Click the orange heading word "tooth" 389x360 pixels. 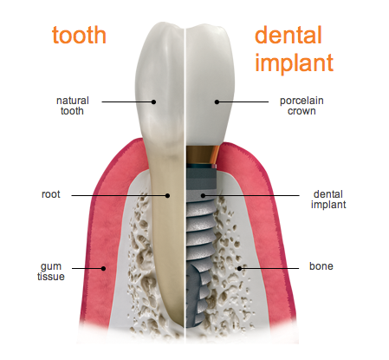coord(79,35)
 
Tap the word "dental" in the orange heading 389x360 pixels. coord(289,35)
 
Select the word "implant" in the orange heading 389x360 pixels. coord(294,62)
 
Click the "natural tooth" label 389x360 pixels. coord(73,106)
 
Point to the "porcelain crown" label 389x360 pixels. coord(301,106)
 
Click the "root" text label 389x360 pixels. coord(51,194)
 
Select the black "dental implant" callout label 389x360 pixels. coord(328,200)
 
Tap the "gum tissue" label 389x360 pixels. coord(51,272)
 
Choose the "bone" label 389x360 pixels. coord(321,266)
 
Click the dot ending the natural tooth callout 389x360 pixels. coord(153,101)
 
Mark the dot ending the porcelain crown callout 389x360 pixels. coord(217,101)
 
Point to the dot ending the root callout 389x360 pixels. coord(167,196)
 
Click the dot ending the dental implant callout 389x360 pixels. coord(203,196)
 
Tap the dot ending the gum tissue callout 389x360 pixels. coord(103,268)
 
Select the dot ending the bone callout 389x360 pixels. coord(239,268)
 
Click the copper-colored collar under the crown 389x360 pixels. coord(202,154)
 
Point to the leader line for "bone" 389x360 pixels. coord(269,268)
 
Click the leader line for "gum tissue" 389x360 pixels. coord(88,268)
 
